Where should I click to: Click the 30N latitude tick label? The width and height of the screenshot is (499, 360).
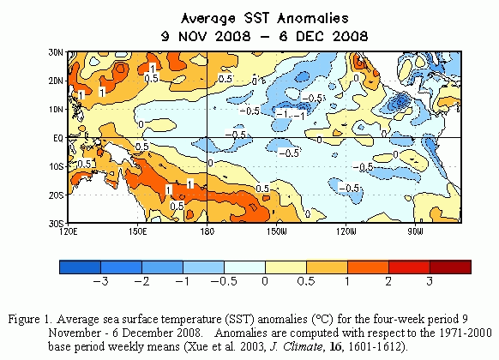pos(56,52)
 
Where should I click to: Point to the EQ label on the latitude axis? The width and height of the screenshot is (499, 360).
pos(58,138)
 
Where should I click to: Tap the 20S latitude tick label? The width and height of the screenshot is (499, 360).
pos(56,195)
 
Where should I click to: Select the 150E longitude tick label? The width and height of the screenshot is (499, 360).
pos(138,231)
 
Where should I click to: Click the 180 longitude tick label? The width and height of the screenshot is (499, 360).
pos(207,231)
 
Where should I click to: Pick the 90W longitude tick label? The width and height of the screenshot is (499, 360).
pos(415,231)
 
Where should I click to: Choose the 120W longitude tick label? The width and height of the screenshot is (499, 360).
pos(346,231)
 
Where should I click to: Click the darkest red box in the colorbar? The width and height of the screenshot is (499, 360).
pos(450,267)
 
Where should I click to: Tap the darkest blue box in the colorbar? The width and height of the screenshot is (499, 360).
pos(81,267)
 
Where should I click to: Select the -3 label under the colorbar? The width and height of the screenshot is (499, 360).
pos(100,281)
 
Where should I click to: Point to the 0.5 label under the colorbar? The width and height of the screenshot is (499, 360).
pos(306,281)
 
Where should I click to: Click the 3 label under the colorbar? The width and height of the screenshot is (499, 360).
pos(430,281)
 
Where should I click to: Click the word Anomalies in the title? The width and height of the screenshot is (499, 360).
pos(312,19)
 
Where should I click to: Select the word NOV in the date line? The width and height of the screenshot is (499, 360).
pos(193,36)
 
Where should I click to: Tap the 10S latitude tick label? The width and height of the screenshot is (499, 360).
pos(56,166)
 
